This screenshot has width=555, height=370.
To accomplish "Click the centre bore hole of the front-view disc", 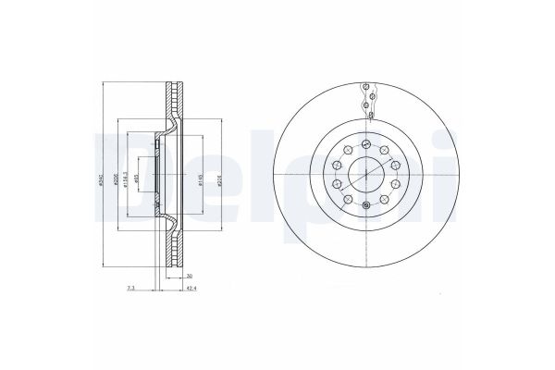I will pos(367,175).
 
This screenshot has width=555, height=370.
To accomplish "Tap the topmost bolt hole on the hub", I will pos(367,142).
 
